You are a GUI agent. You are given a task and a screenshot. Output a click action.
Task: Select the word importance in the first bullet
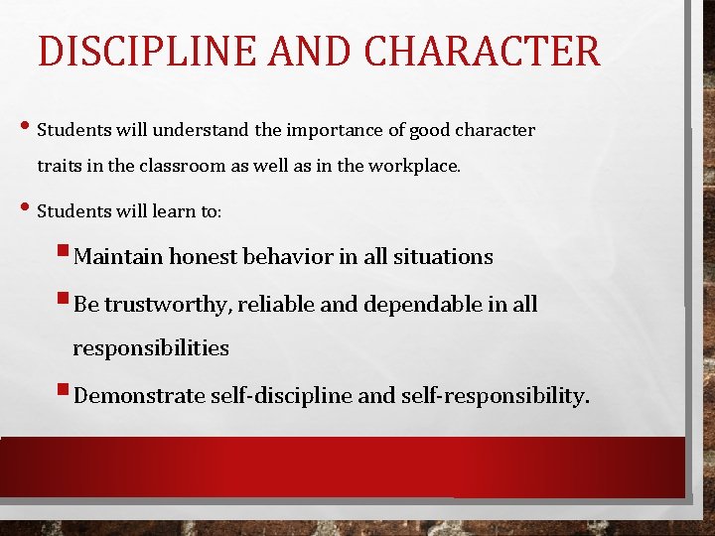click(x=329, y=131)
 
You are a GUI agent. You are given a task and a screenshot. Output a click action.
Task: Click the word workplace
click(x=414, y=167)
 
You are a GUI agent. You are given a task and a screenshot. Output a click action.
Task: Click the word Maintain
click(x=118, y=257)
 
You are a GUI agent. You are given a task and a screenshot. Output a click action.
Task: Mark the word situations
click(x=442, y=257)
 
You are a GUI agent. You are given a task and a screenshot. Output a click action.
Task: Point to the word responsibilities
click(x=151, y=348)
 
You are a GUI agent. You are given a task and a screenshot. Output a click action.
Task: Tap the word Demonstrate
click(x=139, y=396)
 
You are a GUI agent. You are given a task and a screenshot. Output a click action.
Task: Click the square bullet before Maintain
click(x=66, y=255)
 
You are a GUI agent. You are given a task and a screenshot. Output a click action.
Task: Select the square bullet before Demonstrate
click(x=66, y=394)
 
